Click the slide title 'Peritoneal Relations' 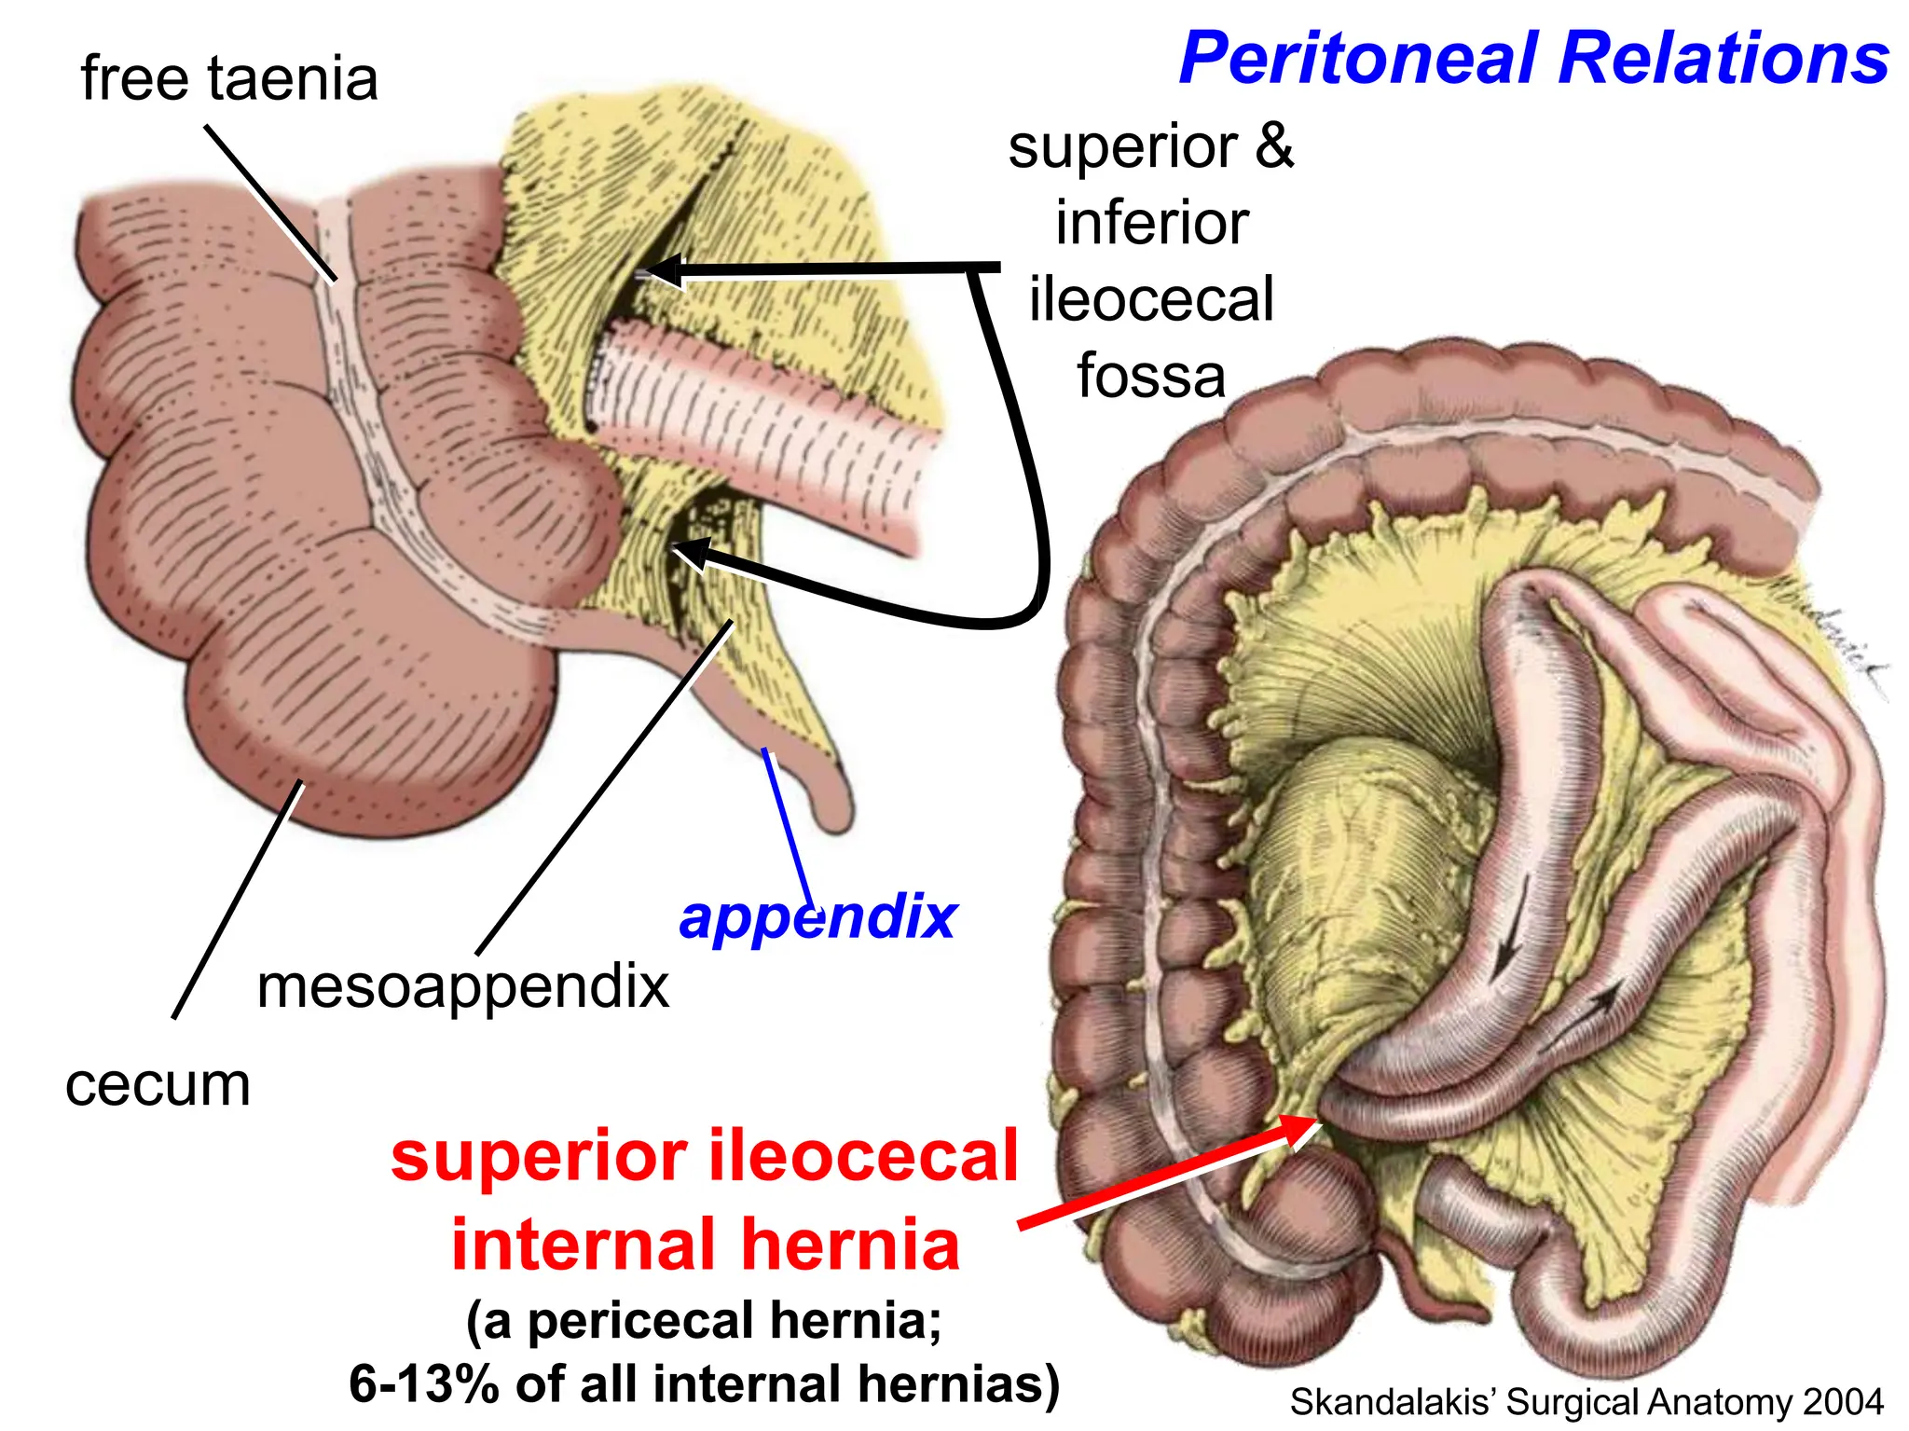[x=1534, y=59]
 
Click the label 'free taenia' [x=229, y=77]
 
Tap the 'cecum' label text [x=158, y=1086]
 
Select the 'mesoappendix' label [x=463, y=988]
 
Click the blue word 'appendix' [x=817, y=918]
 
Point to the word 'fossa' [x=1151, y=376]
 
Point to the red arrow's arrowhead [x=1296, y=1130]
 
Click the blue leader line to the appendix [x=788, y=828]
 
